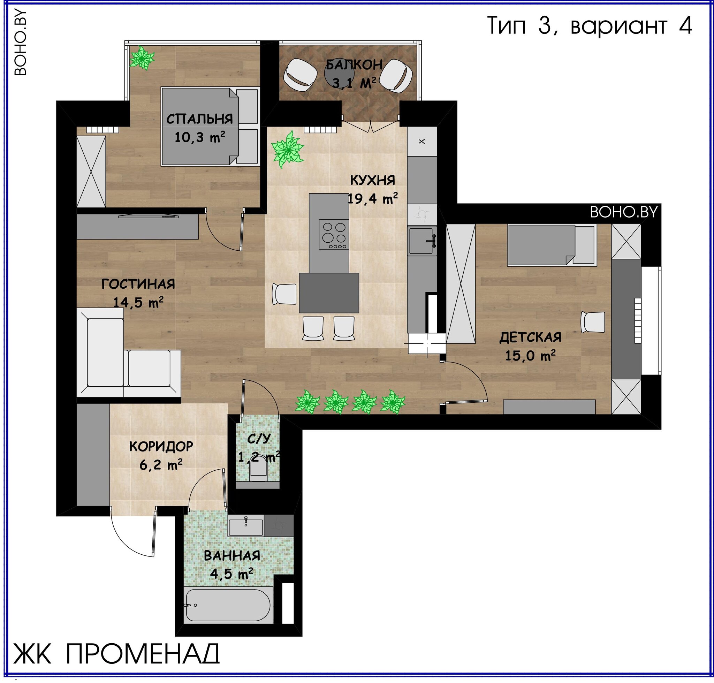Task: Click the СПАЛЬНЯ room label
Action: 199,119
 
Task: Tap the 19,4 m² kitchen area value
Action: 372,199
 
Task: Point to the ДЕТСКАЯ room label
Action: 530,337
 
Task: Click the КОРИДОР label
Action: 161,446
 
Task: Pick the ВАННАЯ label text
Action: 232,556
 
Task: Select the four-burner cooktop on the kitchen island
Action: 334,234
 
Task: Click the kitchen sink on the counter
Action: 421,241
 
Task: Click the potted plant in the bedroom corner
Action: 142,58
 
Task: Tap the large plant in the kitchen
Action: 288,149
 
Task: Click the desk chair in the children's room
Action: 593,322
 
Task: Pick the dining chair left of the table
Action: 284,294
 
